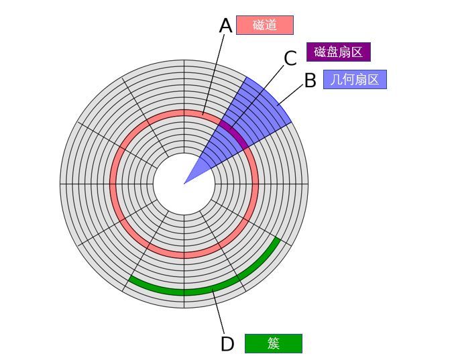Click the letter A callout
tap(225, 25)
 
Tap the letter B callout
tap(310, 80)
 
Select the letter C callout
tap(290, 58)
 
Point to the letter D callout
tap(227, 344)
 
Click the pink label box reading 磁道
tap(265, 25)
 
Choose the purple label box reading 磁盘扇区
tap(339, 52)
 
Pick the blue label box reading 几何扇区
tap(355, 79)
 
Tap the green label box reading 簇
tap(274, 343)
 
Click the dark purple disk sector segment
tap(233, 133)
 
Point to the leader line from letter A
tap(214, 74)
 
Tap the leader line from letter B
tap(291, 93)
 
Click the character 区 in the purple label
tap(357, 52)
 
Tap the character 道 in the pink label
tap(272, 25)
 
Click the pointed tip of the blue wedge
tap(184, 184)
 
